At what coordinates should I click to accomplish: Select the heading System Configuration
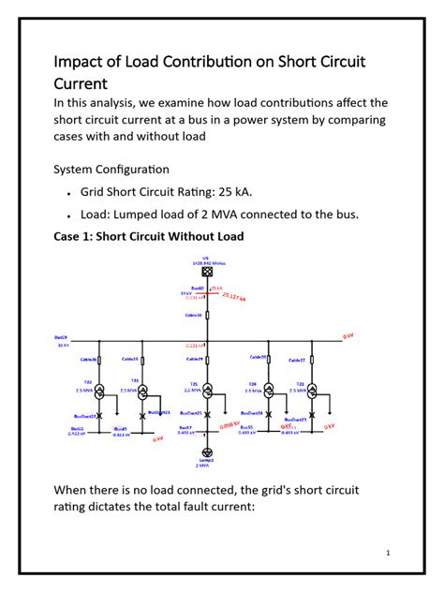(x=111, y=170)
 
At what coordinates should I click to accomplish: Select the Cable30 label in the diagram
(x=194, y=316)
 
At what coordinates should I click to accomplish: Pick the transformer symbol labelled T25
(x=208, y=388)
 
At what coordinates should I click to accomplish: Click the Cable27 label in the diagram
(x=296, y=360)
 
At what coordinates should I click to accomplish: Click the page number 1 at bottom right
(x=387, y=552)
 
